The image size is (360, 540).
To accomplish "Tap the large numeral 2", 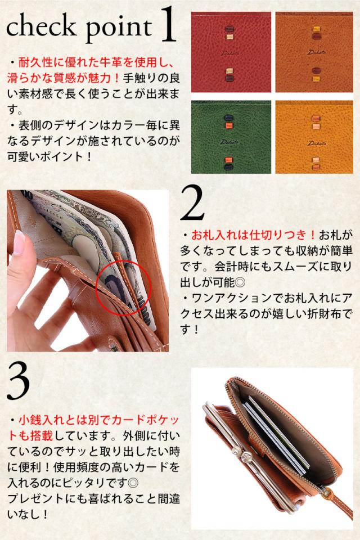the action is coord(192,202).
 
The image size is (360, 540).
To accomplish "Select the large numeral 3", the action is coord(18,381).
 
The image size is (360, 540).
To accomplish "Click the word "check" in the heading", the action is coord(41,26).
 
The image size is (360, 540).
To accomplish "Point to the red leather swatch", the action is coord(231,52).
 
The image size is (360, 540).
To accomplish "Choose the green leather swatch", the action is coord(231,137).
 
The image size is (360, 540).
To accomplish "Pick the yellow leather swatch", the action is coord(314,137).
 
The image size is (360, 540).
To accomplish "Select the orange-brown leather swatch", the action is coord(314,52).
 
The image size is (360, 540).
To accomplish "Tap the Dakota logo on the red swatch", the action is coord(229,53).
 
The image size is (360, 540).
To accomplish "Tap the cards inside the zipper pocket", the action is coord(276,435).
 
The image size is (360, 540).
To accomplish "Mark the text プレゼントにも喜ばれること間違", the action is coord(94,498).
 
